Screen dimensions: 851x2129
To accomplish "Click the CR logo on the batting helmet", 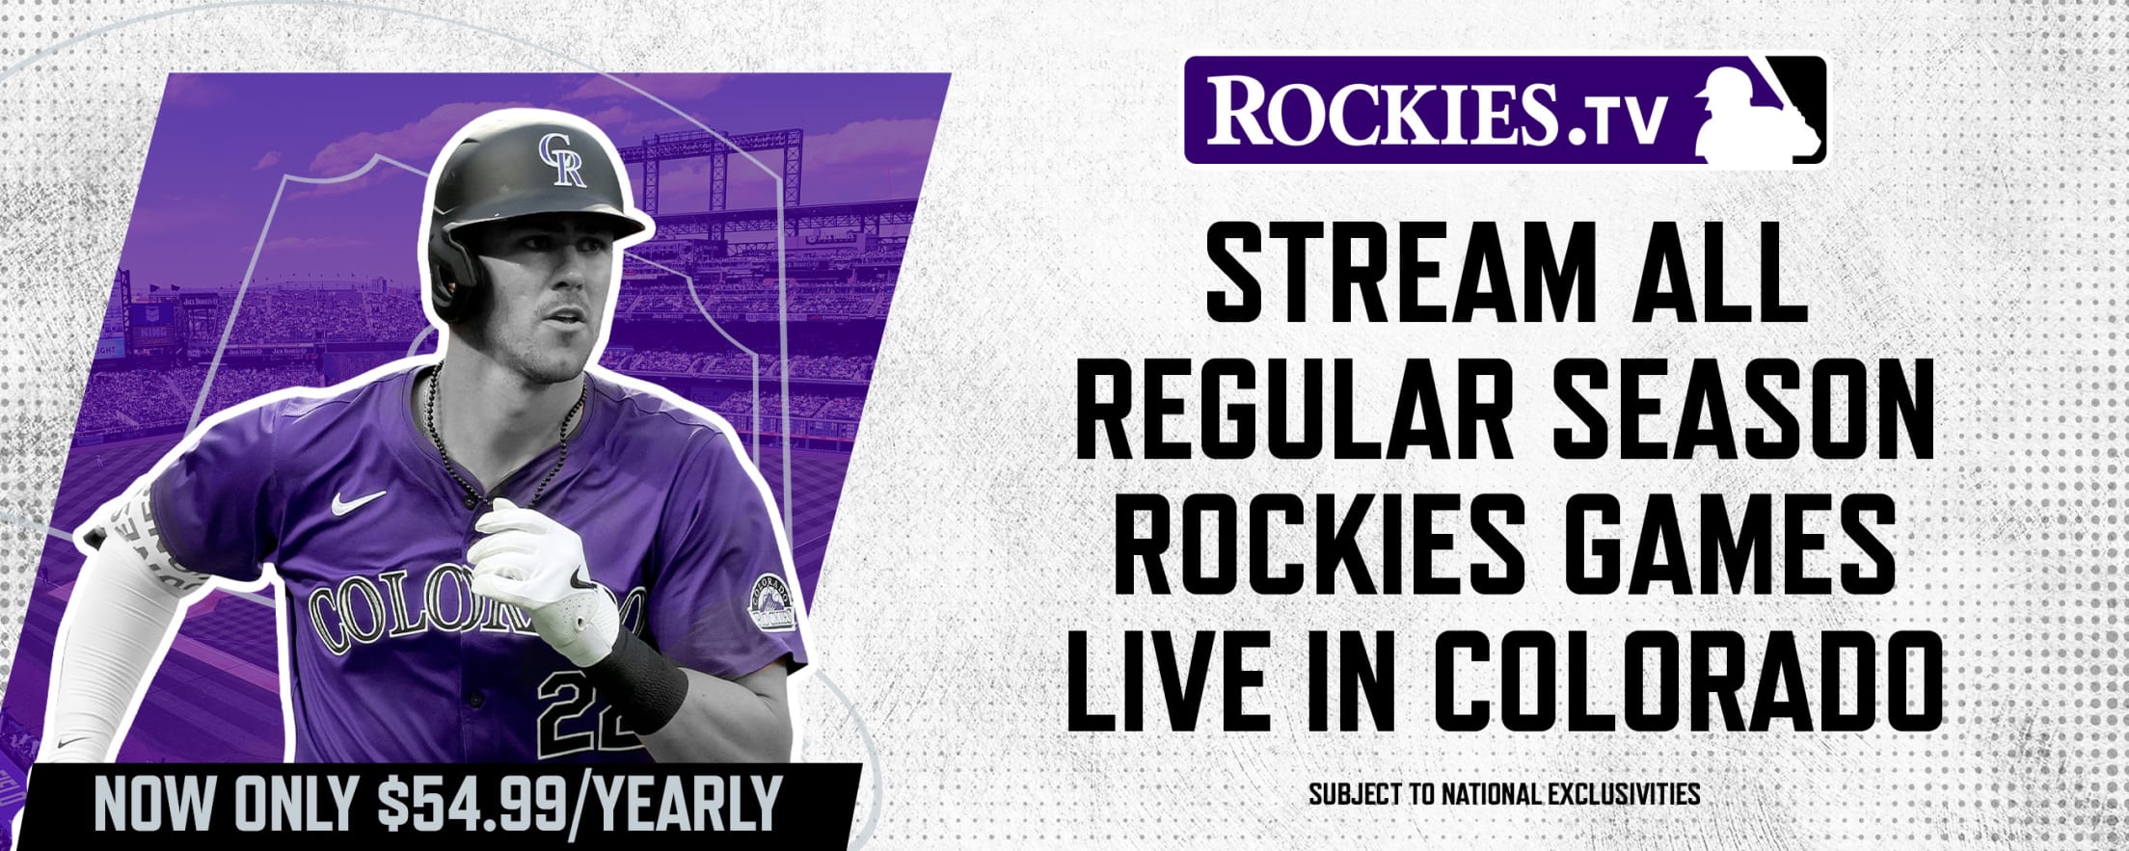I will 562,160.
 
